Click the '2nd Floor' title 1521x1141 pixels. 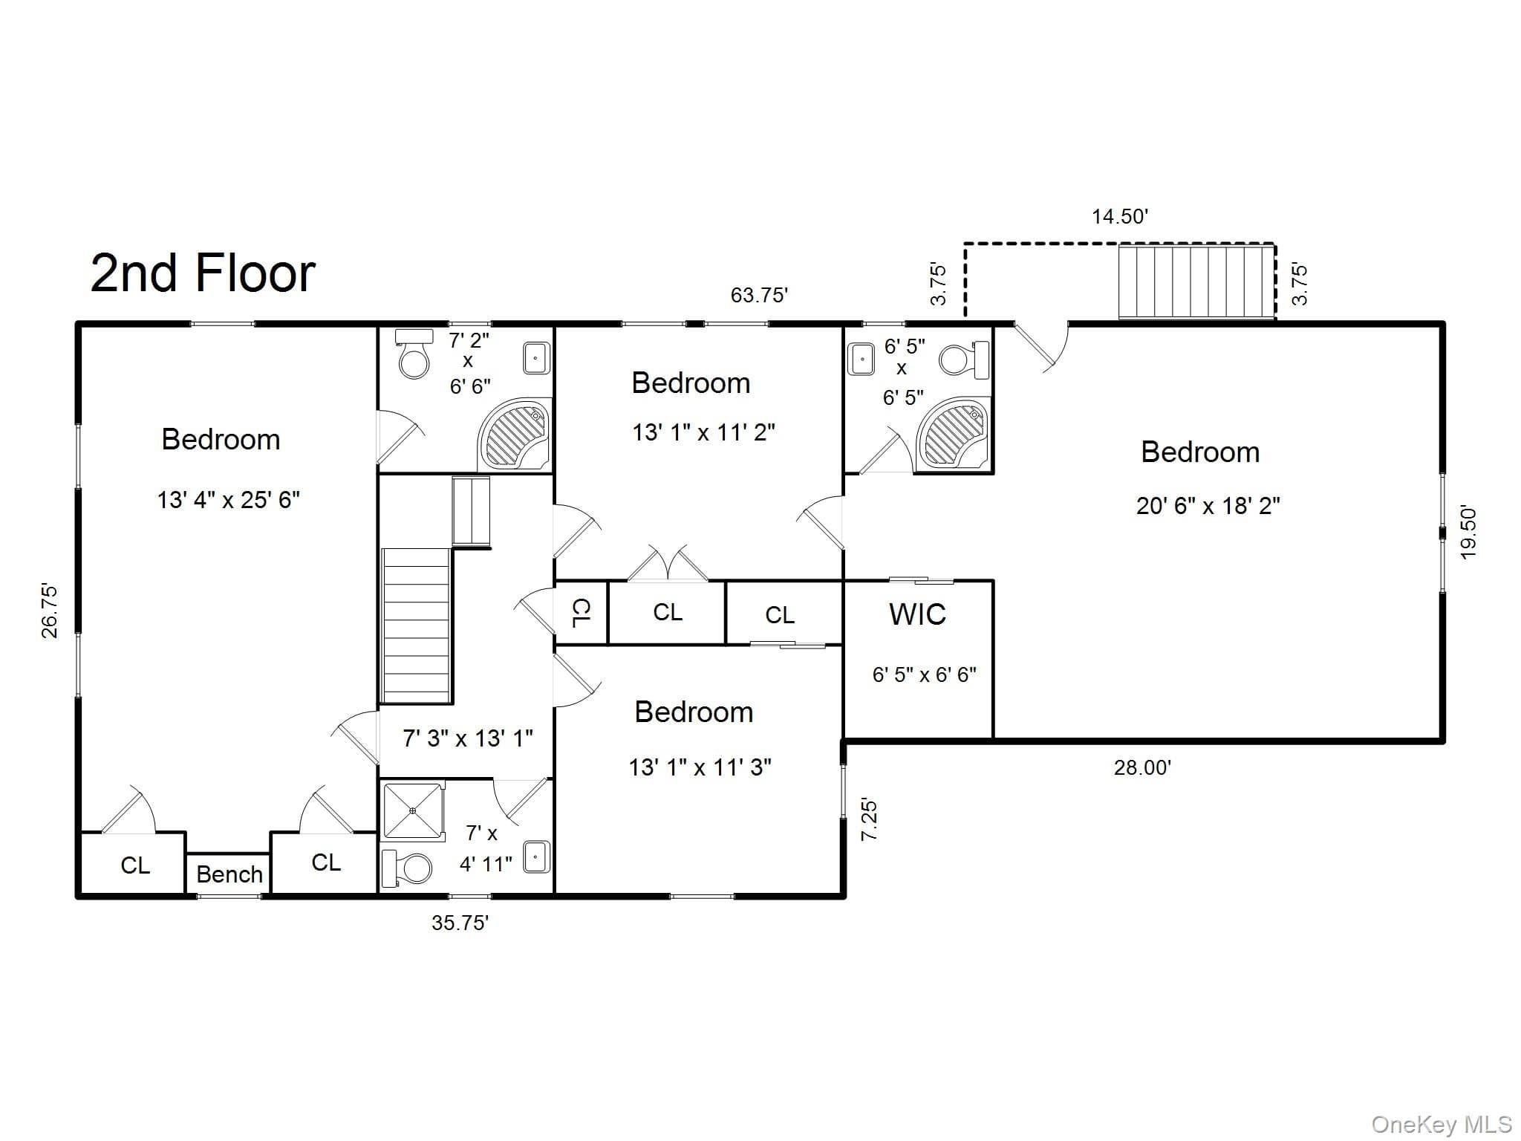tap(203, 273)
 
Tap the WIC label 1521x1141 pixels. tap(917, 614)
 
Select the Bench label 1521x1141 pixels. tap(229, 874)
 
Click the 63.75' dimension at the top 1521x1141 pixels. tap(759, 295)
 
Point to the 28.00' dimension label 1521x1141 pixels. tap(1142, 767)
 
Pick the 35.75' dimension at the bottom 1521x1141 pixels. tap(460, 923)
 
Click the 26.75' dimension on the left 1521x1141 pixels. tap(50, 611)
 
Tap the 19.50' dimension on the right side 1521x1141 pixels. tap(1468, 533)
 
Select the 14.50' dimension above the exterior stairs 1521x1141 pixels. tap(1120, 217)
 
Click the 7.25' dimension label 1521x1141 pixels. tap(869, 819)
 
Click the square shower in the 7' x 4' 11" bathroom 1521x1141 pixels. tap(412, 810)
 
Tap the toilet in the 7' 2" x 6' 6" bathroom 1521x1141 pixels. tap(414, 354)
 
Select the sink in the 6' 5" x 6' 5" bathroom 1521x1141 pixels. tap(862, 360)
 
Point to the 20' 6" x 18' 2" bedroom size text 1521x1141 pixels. tap(1208, 507)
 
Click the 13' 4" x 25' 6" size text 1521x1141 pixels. tap(228, 500)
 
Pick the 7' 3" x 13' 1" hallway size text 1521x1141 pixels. tap(468, 738)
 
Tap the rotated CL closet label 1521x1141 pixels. tap(582, 613)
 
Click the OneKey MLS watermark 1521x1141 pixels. tap(1442, 1125)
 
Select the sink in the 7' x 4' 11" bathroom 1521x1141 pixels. tap(537, 856)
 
